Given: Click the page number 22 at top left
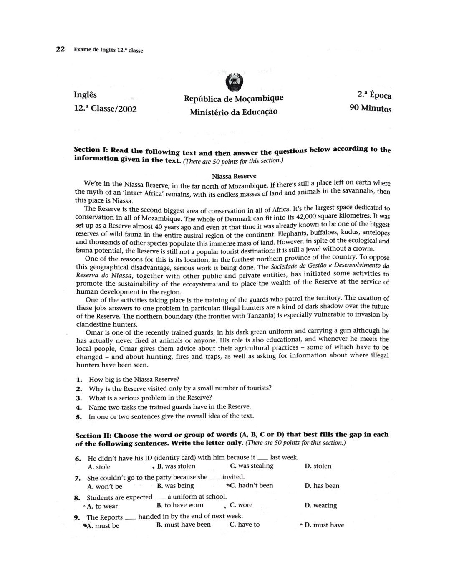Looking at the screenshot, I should pyautogui.click(x=61, y=50).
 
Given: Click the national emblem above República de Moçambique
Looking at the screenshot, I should pyautogui.click(x=234, y=82).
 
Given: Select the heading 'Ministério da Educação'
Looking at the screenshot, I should pyautogui.click(x=233, y=112).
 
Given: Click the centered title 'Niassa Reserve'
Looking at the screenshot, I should pyautogui.click(x=234, y=176).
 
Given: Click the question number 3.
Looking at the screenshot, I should pyautogui.click(x=78, y=398).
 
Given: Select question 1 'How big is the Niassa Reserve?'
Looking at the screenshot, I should pyautogui.click(x=134, y=380).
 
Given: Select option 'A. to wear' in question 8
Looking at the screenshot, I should pyautogui.click(x=102, y=506).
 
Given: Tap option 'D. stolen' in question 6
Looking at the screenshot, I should pyautogui.click(x=318, y=466).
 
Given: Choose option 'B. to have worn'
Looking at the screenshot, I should pyautogui.click(x=180, y=505).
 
